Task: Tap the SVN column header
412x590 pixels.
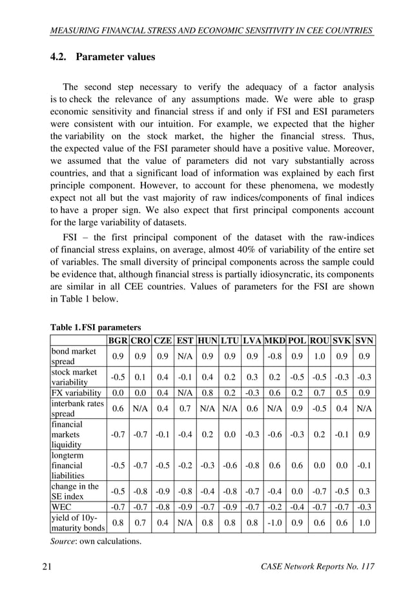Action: pos(364,340)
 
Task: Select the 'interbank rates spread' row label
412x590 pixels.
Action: pos(74,408)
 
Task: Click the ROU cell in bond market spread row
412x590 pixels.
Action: pos(319,356)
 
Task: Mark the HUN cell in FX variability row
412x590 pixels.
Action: pos(207,392)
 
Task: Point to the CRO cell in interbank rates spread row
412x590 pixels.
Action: pos(139,408)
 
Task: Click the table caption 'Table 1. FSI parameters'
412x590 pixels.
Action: pos(96,327)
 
